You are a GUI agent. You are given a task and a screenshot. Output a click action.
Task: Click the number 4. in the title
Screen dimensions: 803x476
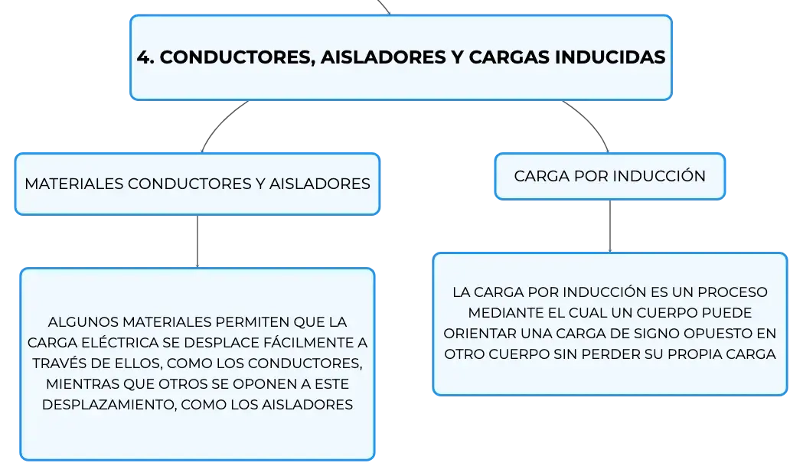[x=145, y=57]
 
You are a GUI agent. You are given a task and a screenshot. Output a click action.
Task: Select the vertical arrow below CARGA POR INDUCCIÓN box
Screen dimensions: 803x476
[x=610, y=227]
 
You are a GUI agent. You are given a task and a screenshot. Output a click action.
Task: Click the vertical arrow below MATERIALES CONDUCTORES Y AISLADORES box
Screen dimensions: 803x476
[x=197, y=241]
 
